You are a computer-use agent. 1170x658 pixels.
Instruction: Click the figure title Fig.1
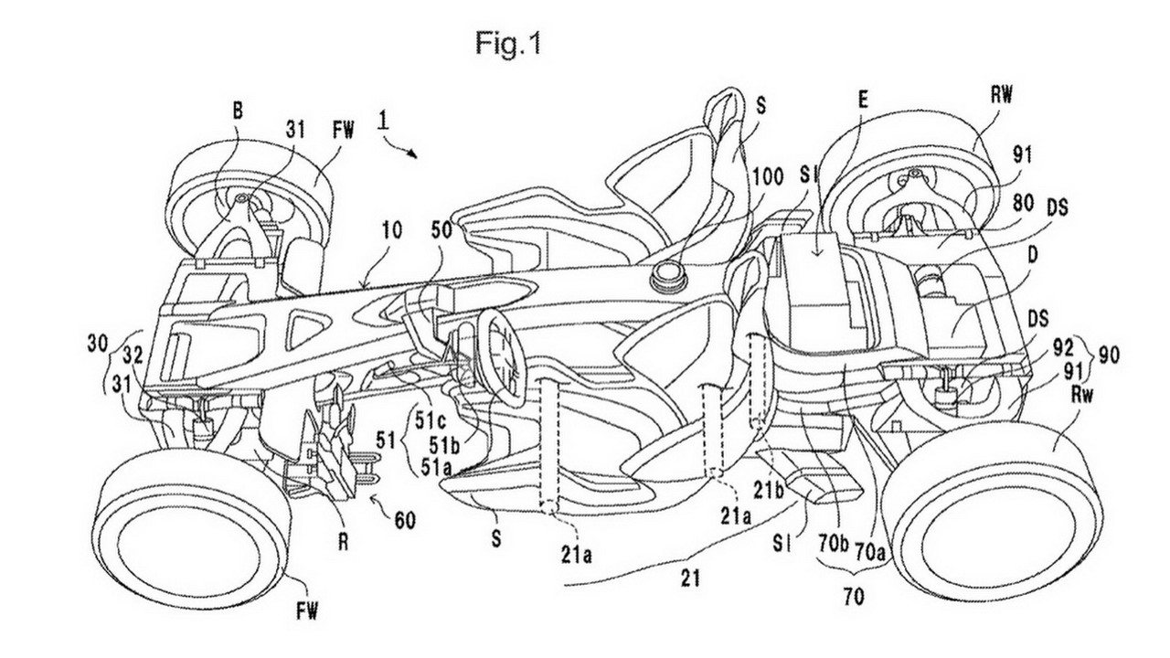point(508,44)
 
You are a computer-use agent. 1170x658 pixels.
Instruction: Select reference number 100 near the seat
point(766,177)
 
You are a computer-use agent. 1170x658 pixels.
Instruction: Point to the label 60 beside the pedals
point(404,520)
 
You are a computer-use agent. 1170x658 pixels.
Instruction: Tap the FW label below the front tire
point(306,611)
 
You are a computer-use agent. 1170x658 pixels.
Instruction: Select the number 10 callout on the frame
point(392,231)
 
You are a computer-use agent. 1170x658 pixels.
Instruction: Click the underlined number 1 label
point(384,122)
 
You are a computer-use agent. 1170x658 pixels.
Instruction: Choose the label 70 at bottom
point(854,597)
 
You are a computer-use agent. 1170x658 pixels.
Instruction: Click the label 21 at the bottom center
point(689,578)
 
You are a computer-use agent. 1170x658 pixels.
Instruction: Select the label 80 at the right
point(1022,204)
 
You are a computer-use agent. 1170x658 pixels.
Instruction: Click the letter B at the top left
point(238,111)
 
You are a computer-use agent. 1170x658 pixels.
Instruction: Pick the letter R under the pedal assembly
point(343,543)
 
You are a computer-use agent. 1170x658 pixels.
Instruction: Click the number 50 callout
point(441,231)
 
